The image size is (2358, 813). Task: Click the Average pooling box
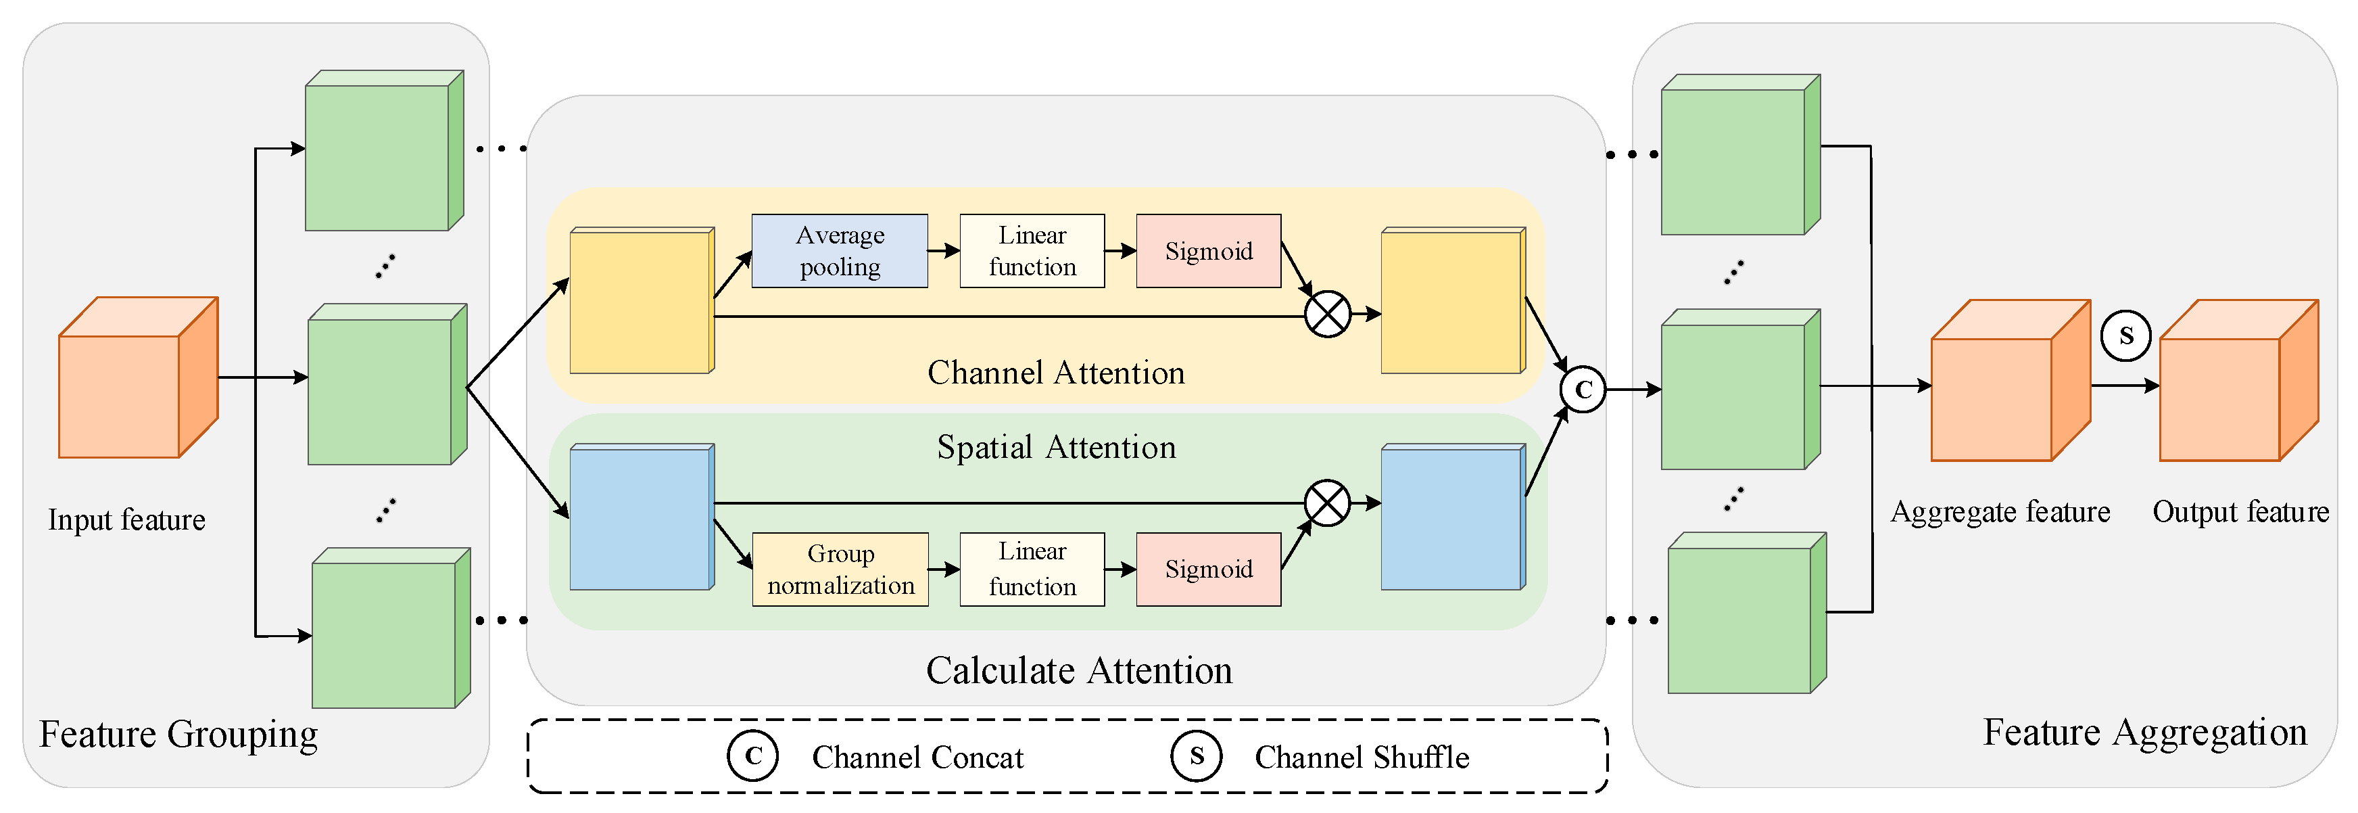click(840, 251)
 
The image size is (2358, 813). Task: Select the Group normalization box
click(840, 569)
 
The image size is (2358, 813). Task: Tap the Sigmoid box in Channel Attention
click(1208, 251)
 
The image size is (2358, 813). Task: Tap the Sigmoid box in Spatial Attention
click(1208, 569)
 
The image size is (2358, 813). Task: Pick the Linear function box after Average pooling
click(1032, 251)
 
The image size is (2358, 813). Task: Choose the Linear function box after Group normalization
click(1032, 569)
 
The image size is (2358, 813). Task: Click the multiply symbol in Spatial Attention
click(1327, 503)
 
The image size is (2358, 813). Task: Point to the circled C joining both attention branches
click(1583, 389)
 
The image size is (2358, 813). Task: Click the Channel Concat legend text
click(917, 757)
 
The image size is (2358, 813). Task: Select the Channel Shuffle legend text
click(1361, 757)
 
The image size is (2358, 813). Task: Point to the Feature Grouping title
click(178, 735)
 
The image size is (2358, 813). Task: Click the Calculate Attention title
click(1078, 670)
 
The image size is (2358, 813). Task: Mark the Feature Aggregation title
click(2144, 733)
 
